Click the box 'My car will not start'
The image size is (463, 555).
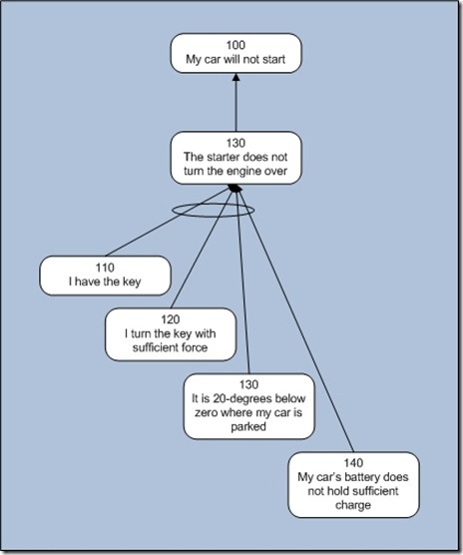coord(234,53)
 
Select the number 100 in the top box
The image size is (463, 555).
coord(235,46)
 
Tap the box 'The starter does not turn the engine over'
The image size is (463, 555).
coord(234,157)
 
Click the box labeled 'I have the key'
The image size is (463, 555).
coord(105,276)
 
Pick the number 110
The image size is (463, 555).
coord(106,269)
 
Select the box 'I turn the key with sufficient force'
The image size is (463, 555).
coord(171,334)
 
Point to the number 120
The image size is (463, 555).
coord(172,319)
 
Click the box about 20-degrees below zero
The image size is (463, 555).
coord(248,405)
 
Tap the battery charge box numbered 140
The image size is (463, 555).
coord(352,484)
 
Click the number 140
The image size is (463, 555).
coord(353,463)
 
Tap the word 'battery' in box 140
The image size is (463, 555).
coord(366,477)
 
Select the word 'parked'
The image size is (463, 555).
coord(249,427)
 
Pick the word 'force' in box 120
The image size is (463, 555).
coord(205,348)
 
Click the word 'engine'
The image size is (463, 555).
coord(238,171)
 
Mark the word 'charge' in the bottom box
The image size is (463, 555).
coord(353,505)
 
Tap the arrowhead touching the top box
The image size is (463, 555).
coord(235,80)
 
